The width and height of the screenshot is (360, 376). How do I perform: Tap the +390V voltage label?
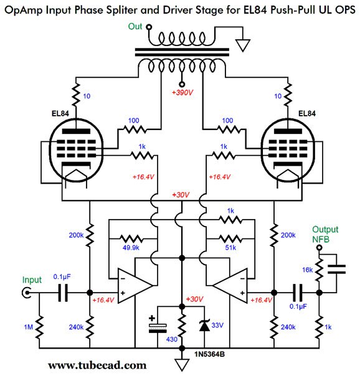click(182, 95)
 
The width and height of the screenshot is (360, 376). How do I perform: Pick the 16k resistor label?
click(308, 270)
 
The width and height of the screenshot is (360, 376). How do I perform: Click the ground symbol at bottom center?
click(182, 363)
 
